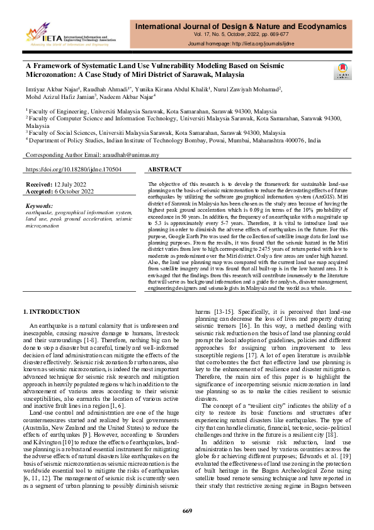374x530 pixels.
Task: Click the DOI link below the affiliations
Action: click(74, 170)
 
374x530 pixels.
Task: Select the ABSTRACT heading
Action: click(165, 170)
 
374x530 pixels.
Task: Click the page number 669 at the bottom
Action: click(186, 510)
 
